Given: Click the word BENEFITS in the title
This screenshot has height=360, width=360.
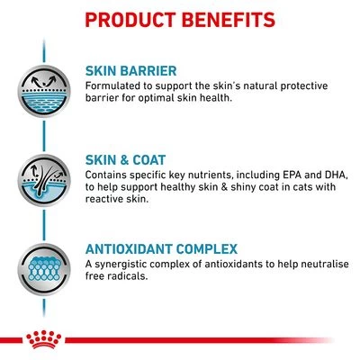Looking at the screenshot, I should click(x=230, y=19).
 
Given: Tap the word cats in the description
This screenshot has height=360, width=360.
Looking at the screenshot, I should click(x=284, y=189).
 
